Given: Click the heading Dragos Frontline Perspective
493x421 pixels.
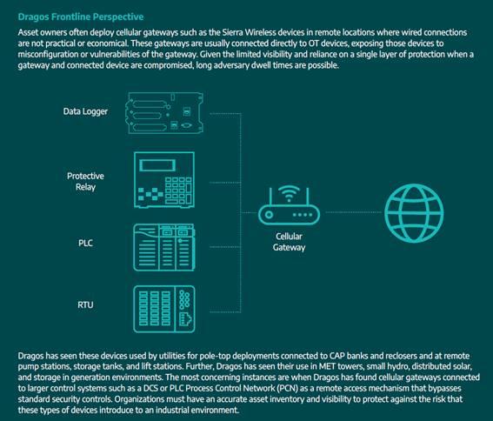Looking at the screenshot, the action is click(x=81, y=17).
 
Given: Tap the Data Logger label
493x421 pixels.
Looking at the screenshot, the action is click(x=85, y=111).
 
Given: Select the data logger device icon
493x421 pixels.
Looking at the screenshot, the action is click(x=164, y=113).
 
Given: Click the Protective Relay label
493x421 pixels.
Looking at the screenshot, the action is click(x=85, y=181).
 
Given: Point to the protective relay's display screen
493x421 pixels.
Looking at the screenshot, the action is click(x=157, y=165).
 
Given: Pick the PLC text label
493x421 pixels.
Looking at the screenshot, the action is click(x=85, y=243).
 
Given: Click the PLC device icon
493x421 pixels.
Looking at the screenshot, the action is click(x=164, y=247).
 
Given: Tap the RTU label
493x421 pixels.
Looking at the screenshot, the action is click(x=85, y=305).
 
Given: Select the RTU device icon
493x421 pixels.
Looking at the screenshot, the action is click(x=164, y=309).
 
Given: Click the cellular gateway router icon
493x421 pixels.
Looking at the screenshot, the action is click(x=289, y=205).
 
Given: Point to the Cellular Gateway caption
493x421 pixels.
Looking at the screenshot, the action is click(x=289, y=242).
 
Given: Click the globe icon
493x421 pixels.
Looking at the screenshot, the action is click(x=414, y=213).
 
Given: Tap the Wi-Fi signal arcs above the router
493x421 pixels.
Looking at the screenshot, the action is click(x=289, y=193).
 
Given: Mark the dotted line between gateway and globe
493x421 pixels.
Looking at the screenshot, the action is click(x=353, y=212).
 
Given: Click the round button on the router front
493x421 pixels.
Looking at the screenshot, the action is click(x=269, y=215).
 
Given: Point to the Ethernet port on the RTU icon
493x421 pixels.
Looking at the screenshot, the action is click(x=185, y=320).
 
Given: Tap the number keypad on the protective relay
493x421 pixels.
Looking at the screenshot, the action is click(x=178, y=190).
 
